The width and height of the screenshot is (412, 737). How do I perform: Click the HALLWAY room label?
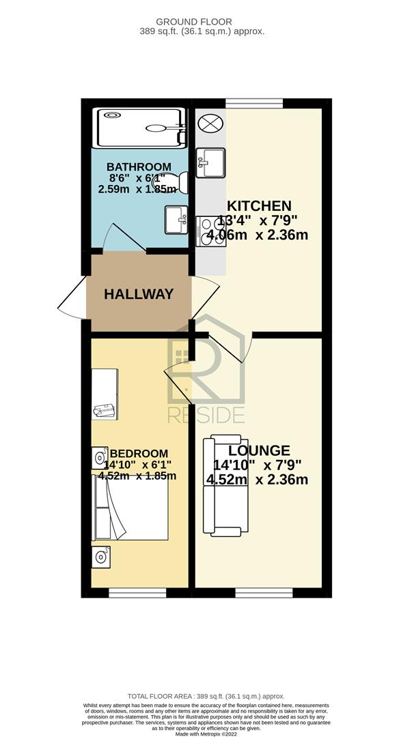coord(139,294)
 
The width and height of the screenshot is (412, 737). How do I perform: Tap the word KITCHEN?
coord(259,206)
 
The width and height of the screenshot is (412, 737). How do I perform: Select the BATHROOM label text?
coord(139,167)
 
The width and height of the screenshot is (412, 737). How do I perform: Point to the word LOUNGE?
coord(259,450)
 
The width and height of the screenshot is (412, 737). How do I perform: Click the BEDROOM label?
coord(139,454)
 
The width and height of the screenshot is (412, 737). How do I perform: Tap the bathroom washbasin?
coord(176,220)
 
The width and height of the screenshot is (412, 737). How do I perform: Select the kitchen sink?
coord(210,162)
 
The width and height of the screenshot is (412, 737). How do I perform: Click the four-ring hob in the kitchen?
coord(211,231)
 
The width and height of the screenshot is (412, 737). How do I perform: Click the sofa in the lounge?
coord(225,486)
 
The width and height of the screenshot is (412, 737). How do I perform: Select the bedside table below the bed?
coord(100,557)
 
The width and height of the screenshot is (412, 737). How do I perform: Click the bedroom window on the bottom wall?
coord(137,593)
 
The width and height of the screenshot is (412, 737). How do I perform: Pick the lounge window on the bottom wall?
coord(264,593)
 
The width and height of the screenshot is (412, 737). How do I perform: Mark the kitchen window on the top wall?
coord(254,103)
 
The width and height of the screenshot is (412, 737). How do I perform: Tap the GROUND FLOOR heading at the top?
coord(194,22)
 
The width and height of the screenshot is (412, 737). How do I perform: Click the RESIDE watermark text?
coord(206,415)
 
